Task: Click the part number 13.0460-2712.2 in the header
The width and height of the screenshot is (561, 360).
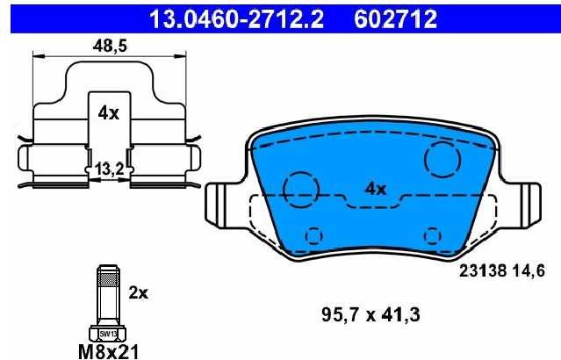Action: (x=236, y=19)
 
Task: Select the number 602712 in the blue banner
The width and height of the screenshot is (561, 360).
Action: (x=395, y=19)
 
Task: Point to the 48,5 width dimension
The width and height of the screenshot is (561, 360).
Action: (x=110, y=46)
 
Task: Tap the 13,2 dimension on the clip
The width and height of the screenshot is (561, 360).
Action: (x=109, y=169)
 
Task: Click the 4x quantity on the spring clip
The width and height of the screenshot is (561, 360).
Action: (x=109, y=113)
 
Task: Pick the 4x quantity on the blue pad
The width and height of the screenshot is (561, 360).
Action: (x=375, y=189)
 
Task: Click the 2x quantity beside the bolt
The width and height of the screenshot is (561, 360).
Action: (x=138, y=293)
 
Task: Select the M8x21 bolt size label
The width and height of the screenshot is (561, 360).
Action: (x=108, y=351)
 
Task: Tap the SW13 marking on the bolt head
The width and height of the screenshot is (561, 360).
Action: (x=108, y=335)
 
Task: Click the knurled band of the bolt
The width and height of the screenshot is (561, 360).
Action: (x=108, y=277)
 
